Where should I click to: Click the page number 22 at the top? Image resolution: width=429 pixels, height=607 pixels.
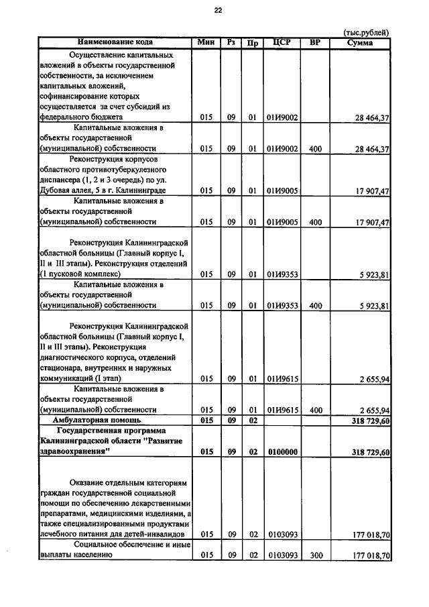pyautogui.click(x=218, y=11)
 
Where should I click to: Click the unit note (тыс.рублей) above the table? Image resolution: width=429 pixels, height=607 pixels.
pyautogui.click(x=365, y=32)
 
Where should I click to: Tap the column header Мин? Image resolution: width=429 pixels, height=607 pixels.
pyautogui.click(x=206, y=42)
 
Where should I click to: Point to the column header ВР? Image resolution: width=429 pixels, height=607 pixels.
pyautogui.click(x=316, y=42)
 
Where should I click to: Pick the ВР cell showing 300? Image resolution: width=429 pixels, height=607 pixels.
pyautogui.click(x=316, y=556)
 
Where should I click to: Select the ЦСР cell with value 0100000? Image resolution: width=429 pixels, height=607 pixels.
pyautogui.click(x=282, y=452)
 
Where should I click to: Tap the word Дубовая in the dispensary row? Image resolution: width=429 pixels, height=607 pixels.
pyautogui.click(x=57, y=190)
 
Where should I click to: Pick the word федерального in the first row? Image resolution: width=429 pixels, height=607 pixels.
pyautogui.click(x=64, y=117)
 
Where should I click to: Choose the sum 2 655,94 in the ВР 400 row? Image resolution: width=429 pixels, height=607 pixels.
pyautogui.click(x=374, y=410)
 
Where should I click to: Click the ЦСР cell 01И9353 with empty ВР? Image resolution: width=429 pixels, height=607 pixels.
pyautogui.click(x=282, y=274)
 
